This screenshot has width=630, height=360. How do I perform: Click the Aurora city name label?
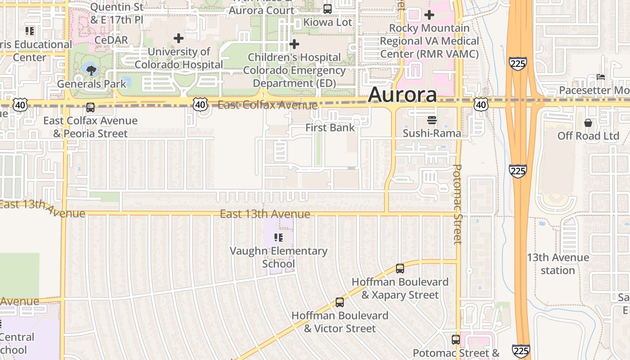click(402, 95)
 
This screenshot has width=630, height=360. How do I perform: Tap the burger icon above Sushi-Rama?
click(432, 120)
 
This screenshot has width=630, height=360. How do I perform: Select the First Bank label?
click(330, 128)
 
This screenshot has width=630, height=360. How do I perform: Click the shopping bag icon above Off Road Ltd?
click(588, 123)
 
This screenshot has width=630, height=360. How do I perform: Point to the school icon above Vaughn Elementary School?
click(279, 237)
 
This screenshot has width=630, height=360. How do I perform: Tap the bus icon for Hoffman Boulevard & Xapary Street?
click(400, 269)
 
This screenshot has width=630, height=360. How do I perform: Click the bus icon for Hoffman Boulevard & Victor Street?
click(340, 302)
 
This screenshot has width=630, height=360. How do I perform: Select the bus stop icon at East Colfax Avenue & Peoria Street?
click(90, 108)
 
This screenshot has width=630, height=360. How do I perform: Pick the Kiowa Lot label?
click(328, 22)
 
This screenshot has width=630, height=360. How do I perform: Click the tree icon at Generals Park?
click(91, 70)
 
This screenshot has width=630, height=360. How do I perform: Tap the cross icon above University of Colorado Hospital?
click(179, 38)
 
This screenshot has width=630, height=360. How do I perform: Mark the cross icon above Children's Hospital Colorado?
click(294, 44)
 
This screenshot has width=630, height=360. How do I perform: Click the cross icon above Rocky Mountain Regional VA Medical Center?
click(429, 15)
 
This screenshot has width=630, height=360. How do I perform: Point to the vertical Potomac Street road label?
click(458, 204)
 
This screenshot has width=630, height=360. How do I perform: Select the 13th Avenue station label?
click(558, 264)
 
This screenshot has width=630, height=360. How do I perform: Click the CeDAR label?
click(111, 40)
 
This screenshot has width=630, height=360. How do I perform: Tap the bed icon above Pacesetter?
click(600, 77)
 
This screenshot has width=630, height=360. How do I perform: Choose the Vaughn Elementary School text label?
click(279, 257)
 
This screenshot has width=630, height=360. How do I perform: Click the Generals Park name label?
click(85, 84)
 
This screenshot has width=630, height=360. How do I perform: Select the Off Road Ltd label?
click(588, 136)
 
